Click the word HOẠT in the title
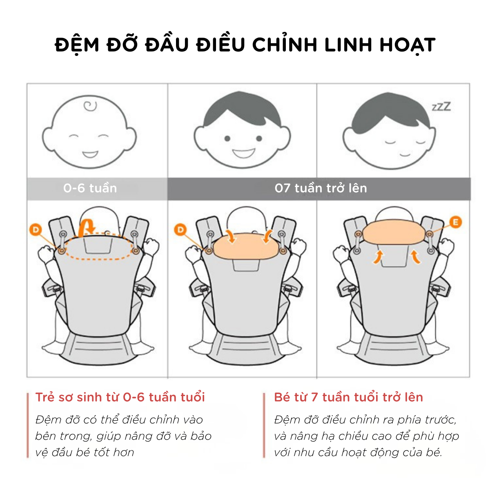(x=408, y=45)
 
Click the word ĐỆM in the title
(x=77, y=45)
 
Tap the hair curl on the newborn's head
(x=90, y=106)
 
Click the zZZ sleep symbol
(x=441, y=107)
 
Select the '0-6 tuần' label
(x=90, y=188)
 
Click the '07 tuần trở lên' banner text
(x=321, y=188)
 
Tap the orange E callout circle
(x=455, y=222)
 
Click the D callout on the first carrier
(x=36, y=229)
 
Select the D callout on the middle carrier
(x=180, y=229)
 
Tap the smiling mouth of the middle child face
(x=243, y=154)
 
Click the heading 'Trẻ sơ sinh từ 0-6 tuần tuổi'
(x=120, y=397)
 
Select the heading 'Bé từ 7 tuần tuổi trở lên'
(x=348, y=397)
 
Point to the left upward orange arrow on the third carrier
(x=378, y=257)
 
